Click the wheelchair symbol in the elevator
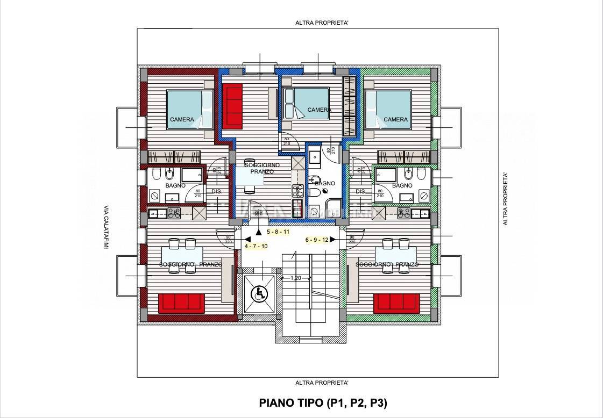click(x=260, y=293)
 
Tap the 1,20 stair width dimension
click(x=295, y=278)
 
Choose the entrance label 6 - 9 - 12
click(x=316, y=240)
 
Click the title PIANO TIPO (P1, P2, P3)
click(x=323, y=402)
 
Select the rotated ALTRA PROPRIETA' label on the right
click(x=505, y=199)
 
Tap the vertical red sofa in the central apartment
click(x=233, y=107)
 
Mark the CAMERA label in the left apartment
click(x=182, y=119)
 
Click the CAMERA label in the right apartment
click(x=396, y=119)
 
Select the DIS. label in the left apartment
click(x=217, y=191)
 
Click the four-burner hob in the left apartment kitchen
click(x=174, y=214)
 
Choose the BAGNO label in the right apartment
click(x=402, y=185)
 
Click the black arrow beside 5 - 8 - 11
click(x=259, y=232)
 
